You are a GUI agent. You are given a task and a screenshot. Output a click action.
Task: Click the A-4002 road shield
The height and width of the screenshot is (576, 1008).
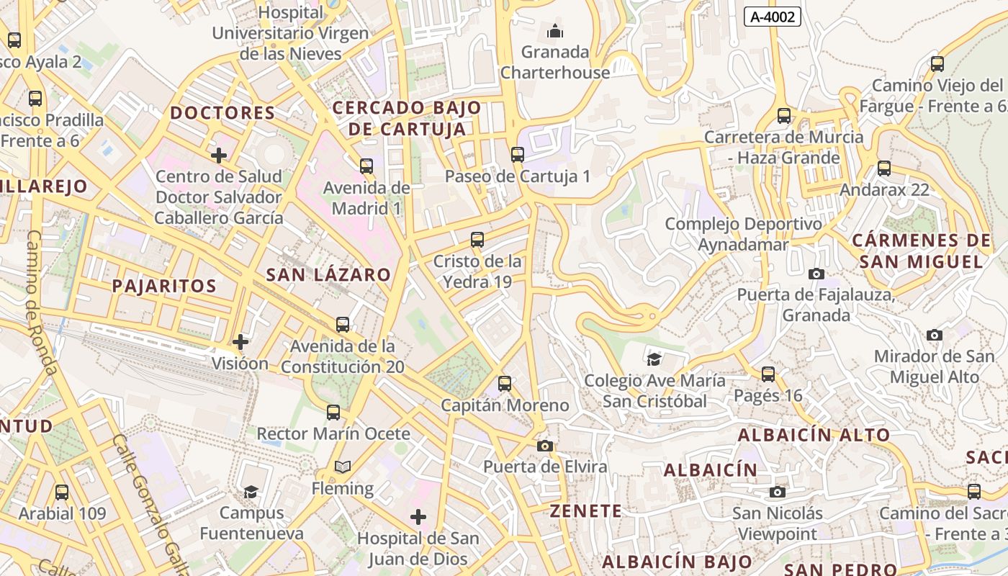(x=772, y=17)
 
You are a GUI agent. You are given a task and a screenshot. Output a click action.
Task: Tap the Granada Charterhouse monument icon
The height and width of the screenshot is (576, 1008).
(x=555, y=31)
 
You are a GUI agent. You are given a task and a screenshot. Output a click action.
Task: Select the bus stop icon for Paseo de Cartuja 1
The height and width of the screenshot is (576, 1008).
(x=517, y=154)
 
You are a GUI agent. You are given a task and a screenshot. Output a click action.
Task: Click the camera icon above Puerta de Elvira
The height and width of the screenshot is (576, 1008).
(x=545, y=446)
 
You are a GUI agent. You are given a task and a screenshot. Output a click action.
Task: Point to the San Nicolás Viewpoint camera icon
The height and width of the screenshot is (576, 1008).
(x=777, y=492)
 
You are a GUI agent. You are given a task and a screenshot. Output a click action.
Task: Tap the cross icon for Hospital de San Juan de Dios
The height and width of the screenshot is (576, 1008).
(x=418, y=517)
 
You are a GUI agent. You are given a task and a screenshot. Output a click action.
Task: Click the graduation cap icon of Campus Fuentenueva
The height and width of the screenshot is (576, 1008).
(x=251, y=492)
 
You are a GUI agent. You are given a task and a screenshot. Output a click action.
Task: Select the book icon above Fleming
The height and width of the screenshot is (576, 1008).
(x=343, y=467)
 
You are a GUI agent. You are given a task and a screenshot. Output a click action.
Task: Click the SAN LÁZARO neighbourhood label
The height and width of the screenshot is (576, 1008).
(x=328, y=274)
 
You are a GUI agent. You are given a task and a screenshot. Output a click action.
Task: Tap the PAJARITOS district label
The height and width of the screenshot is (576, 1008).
(x=164, y=286)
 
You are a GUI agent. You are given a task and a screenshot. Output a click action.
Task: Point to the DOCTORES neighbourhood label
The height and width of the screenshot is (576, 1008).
(x=222, y=113)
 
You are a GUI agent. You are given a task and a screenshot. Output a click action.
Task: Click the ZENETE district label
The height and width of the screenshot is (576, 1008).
(x=585, y=511)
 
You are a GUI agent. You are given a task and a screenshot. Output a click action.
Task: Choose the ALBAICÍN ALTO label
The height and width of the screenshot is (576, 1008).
(x=814, y=435)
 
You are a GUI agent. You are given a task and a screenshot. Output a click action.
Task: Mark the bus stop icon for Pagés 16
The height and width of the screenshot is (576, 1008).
(x=768, y=374)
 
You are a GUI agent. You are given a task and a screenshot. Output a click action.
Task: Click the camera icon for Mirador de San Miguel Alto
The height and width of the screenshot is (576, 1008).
(x=935, y=335)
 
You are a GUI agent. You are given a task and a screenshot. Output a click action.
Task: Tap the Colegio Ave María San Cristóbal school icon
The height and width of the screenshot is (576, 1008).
(x=654, y=359)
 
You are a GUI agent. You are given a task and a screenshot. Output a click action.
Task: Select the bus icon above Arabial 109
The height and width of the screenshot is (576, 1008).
(x=62, y=492)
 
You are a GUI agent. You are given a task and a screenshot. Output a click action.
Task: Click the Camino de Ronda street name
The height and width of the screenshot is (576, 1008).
(x=42, y=302)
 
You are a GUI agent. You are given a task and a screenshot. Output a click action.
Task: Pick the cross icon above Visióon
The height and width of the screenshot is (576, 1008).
(x=240, y=342)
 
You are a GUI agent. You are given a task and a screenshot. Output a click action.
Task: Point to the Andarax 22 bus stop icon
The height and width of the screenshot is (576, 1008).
(x=883, y=168)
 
